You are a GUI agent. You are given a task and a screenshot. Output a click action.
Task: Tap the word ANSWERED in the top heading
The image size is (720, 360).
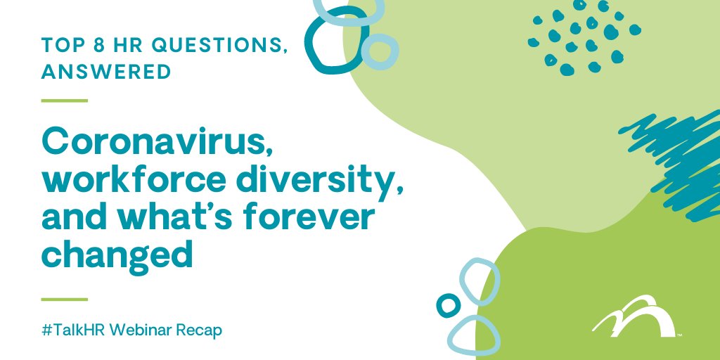tap(106, 72)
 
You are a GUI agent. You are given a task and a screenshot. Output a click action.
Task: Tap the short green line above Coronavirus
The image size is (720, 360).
tap(64, 101)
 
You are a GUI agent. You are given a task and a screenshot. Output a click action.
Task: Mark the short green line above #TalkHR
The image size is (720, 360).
tap(64, 300)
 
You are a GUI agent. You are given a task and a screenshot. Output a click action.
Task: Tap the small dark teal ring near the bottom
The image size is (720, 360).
tap(448, 304)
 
